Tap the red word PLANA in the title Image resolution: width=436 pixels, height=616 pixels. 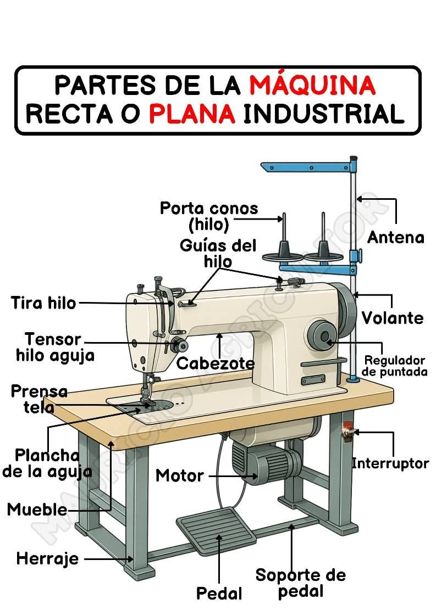click(192, 114)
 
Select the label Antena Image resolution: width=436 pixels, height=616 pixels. click(395, 237)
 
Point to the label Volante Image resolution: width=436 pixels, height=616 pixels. click(393, 318)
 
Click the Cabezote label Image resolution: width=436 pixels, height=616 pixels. click(215, 363)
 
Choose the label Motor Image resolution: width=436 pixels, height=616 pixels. click(179, 475)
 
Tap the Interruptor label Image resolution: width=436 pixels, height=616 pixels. click(390, 463)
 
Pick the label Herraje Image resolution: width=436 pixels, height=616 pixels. click(47, 559)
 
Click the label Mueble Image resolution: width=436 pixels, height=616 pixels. click(37, 509)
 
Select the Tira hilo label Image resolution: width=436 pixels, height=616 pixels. click(43, 303)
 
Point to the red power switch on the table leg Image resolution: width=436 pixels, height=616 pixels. click(347, 432)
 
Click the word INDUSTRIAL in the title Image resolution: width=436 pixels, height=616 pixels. click(324, 114)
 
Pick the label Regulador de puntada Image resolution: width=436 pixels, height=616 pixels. click(394, 366)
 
